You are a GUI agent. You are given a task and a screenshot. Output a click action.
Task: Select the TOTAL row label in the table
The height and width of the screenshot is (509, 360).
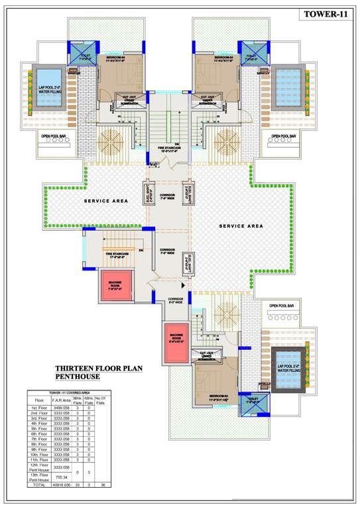(39, 485)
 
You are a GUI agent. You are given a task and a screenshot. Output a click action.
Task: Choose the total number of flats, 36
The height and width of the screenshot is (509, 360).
(101, 485)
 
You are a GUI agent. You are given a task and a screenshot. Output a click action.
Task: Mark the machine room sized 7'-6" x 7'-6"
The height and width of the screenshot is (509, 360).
(117, 286)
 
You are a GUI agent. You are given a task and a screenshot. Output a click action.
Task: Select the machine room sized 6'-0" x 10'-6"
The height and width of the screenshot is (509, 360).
(176, 342)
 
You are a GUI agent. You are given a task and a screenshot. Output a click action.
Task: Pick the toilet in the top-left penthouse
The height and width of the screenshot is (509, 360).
(85, 56)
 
